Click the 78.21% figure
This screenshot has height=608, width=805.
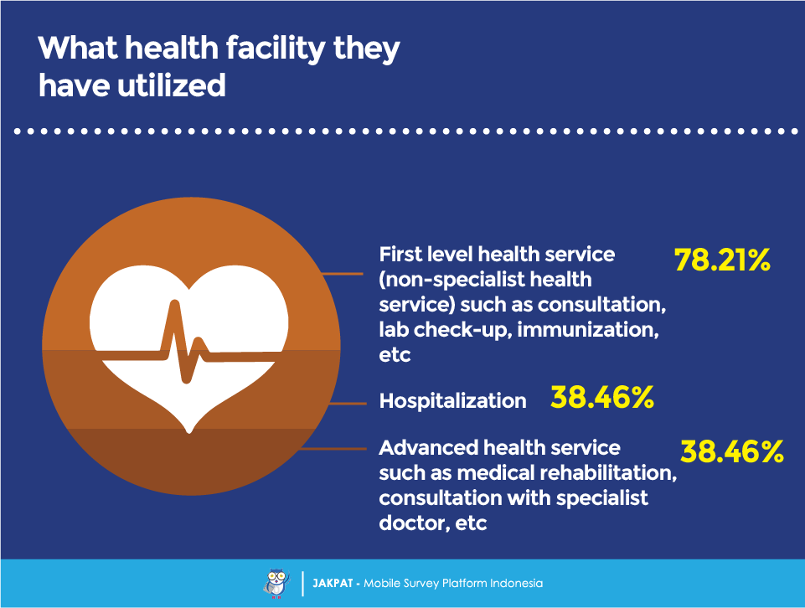coord(722,260)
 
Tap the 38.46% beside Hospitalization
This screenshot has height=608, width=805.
coord(601,397)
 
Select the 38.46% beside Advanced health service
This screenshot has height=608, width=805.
coord(731,451)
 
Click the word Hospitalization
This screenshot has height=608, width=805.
coord(452,400)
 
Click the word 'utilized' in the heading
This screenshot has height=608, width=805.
coord(172,85)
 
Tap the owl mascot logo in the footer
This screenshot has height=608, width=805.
coord(276,583)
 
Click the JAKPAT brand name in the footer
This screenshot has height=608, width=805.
coord(333,584)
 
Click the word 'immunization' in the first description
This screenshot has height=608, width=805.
coord(587,329)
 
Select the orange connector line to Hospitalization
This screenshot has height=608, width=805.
coord(348,404)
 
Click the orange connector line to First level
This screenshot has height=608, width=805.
coord(342,274)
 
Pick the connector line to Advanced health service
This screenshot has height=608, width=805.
coord(333,449)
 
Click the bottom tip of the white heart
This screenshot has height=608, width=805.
coord(189,432)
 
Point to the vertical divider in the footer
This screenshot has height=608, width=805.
coord(303,584)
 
